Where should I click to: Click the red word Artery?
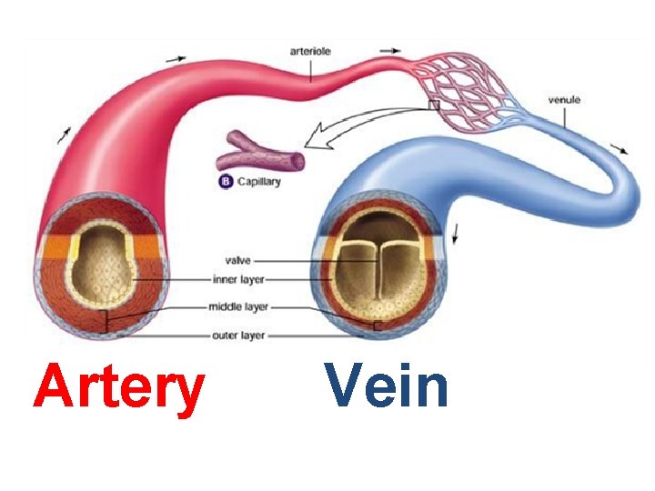118,386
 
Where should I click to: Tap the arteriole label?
310,52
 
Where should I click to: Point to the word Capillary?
259,181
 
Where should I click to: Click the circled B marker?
224,181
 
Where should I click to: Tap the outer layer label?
238,335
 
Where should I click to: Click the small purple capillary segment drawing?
259,151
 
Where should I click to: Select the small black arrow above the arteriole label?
389,50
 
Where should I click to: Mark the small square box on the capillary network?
434,105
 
